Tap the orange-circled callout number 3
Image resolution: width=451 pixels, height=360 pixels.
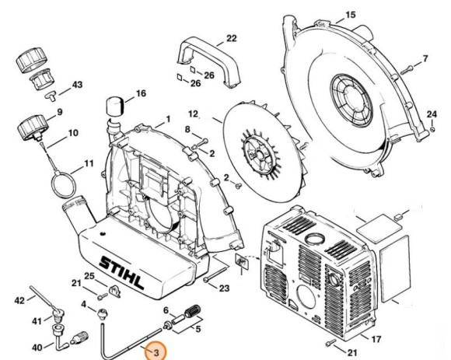[156, 352]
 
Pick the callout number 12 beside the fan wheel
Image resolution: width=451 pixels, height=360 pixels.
[193, 114]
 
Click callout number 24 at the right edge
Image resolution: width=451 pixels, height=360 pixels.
[432, 114]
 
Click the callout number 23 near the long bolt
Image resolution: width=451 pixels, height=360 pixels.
[224, 289]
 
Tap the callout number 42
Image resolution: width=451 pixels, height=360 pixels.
[20, 299]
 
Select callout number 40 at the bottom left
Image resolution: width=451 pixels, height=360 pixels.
[37, 347]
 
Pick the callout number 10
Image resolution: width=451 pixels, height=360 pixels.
[72, 133]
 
